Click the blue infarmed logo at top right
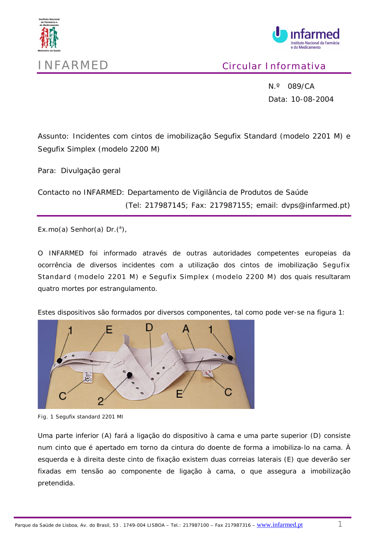[x=306, y=38]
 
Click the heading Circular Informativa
[x=274, y=66]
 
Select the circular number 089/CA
[x=301, y=86]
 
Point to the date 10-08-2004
[x=312, y=99]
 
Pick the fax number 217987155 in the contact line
[x=230, y=205]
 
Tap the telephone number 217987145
[x=165, y=205]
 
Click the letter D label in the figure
[x=149, y=328]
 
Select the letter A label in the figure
[x=186, y=329]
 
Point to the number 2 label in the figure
[x=101, y=401]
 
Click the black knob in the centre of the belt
[x=130, y=374]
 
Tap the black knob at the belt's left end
[x=60, y=361]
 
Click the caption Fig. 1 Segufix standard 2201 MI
[x=80, y=417]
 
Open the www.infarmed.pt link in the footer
[x=279, y=525]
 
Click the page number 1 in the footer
[x=340, y=524]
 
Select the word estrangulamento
[x=128, y=289]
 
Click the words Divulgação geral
[x=91, y=171]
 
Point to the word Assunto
[x=53, y=136]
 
